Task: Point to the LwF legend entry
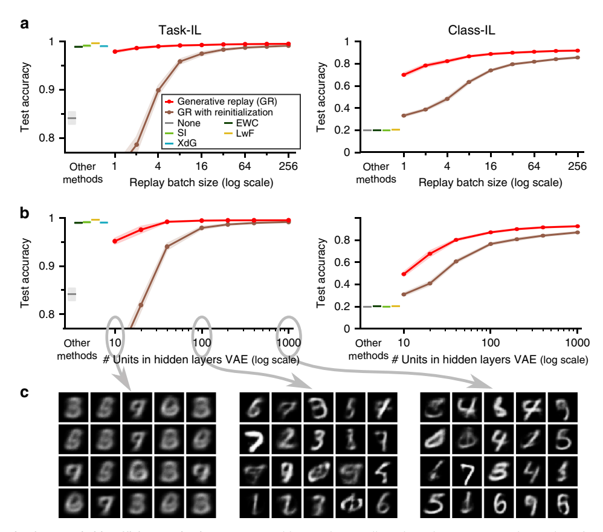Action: coord(245,134)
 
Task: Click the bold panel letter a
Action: coord(24,25)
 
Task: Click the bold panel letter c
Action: coord(24,392)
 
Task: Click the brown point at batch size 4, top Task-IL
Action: coord(158,90)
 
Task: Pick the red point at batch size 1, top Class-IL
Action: coord(404,75)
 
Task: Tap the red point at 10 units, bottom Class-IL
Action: coord(404,274)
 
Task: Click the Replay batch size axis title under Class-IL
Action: coord(491,181)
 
